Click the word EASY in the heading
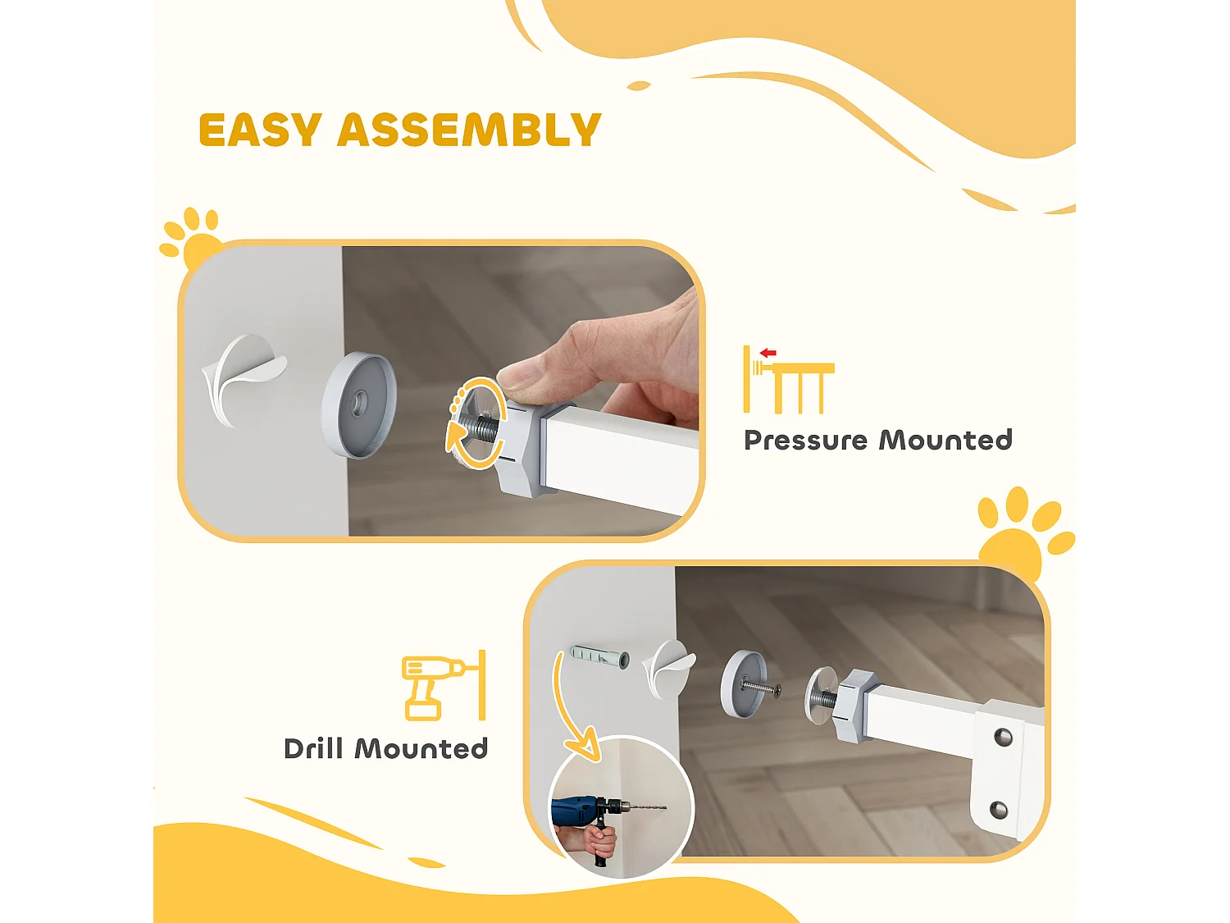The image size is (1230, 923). pos(261,130)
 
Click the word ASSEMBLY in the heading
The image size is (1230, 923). pos(470,130)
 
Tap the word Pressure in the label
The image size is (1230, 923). pos(806,441)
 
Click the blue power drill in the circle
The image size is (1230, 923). pos(593,810)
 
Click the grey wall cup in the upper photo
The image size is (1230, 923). pos(359,404)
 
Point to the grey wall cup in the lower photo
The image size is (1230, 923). pos(743,683)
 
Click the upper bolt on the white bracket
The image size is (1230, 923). pos(1003,737)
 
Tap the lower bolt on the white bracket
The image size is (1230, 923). pos(999,809)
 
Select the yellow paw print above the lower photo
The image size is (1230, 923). pos(1023,531)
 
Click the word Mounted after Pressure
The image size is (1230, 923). pos(945,441)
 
